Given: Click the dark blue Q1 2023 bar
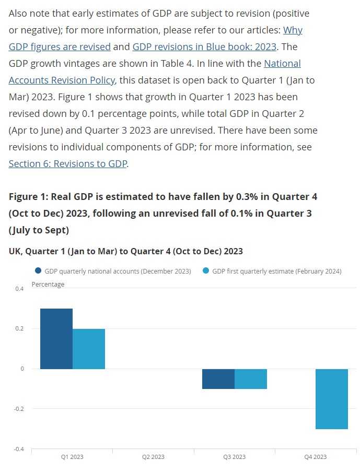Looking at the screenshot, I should (x=56, y=338).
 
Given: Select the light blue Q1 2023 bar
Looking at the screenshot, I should (x=89, y=348).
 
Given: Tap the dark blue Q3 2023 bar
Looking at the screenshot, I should (x=218, y=379).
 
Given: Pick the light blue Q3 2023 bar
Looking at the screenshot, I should (x=251, y=379).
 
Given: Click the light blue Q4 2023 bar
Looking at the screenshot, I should (x=332, y=399).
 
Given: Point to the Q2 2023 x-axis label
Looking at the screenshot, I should (x=153, y=457).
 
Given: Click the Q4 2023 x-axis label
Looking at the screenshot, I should (x=316, y=457).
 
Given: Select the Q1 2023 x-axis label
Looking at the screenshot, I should (x=72, y=457).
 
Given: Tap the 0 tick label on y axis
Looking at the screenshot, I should (x=22, y=369).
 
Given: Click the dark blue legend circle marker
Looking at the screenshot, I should (x=38, y=271).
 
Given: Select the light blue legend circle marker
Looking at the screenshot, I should (x=205, y=271).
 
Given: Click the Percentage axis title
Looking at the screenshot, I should (x=48, y=285).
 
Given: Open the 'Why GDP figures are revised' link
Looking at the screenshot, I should (x=60, y=46).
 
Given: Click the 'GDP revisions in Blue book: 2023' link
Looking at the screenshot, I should (x=204, y=46).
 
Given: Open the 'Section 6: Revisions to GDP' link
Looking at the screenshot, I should (x=68, y=163).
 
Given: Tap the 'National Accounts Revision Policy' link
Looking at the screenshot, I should (x=62, y=80).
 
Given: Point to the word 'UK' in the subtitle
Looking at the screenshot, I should (x=15, y=251).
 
